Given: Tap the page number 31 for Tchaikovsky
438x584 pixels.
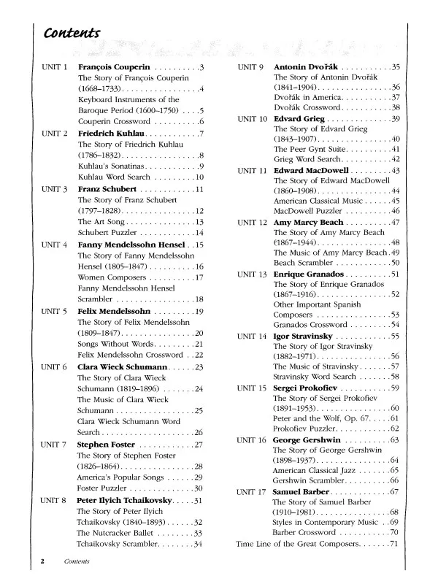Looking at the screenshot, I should [x=198, y=500].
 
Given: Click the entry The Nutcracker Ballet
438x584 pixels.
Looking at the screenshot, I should [x=118, y=534].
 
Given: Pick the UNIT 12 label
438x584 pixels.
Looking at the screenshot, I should [x=252, y=221].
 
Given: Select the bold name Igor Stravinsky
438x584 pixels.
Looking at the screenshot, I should [x=302, y=336].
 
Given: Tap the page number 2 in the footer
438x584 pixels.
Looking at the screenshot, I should [x=43, y=562].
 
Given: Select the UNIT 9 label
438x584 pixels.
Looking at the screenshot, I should [x=250, y=68].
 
